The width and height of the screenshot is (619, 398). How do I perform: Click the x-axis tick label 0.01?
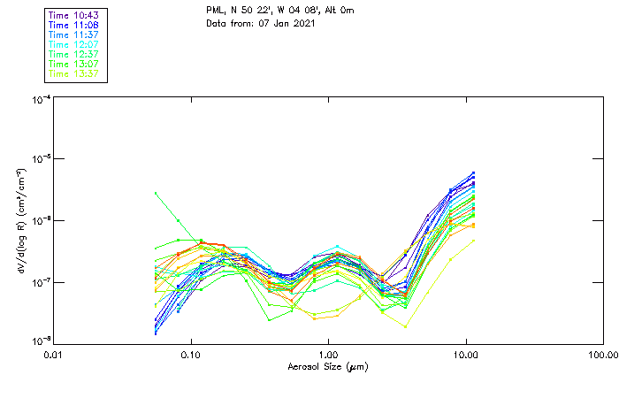click(x=53, y=356)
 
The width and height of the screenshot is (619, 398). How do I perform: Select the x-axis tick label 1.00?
click(x=328, y=356)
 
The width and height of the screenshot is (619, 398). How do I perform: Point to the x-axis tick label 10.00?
click(x=466, y=356)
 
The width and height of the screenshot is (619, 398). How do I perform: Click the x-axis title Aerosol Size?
click(x=327, y=366)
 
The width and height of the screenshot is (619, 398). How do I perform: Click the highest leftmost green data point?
click(x=156, y=193)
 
